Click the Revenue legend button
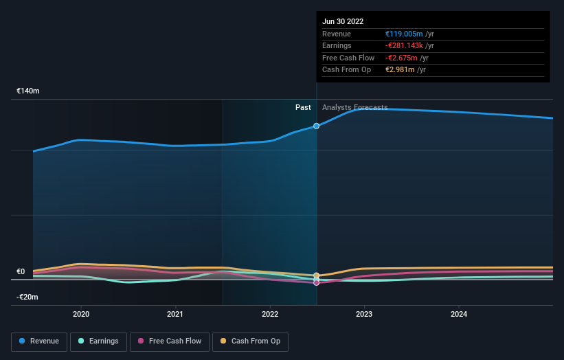[39, 341]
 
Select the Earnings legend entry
[98, 341]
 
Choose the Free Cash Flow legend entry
[169, 341]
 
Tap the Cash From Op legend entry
[251, 341]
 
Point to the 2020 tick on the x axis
[81, 314]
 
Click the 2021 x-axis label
[175, 314]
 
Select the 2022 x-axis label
[270, 314]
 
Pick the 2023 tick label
[364, 314]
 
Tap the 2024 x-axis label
[459, 314]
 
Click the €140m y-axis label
[28, 91]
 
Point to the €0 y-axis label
[21, 271]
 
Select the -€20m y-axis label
[28, 297]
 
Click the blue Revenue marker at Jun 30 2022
[317, 126]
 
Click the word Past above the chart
[303, 107]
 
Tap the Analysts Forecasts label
[354, 107]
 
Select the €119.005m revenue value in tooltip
[406, 34]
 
